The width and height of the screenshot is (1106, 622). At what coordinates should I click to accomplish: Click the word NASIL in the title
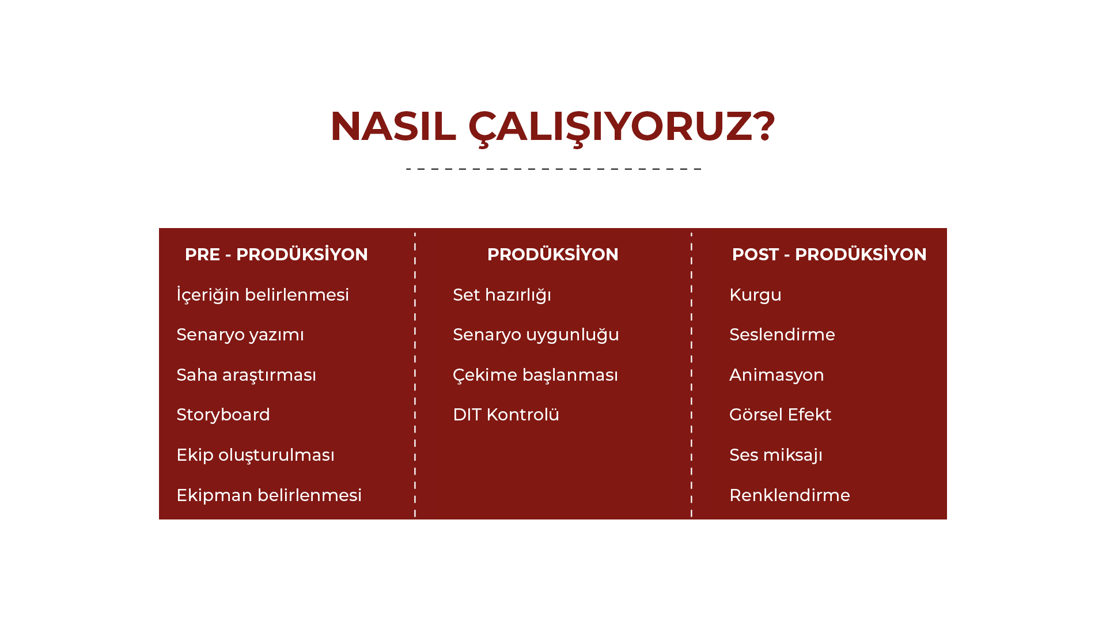(x=393, y=126)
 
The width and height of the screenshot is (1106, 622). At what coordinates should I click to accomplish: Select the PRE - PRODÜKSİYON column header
(x=276, y=254)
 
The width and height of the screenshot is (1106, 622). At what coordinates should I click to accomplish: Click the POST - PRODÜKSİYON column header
(x=829, y=254)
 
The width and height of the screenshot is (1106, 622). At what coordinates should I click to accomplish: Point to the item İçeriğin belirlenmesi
(x=263, y=294)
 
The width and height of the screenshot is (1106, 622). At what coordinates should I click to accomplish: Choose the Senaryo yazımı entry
(x=240, y=335)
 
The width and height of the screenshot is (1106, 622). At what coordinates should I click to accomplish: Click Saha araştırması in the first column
(x=247, y=375)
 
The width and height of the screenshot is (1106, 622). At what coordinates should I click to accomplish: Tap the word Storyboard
(x=223, y=415)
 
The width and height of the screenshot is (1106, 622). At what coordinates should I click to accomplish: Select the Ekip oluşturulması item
(x=255, y=455)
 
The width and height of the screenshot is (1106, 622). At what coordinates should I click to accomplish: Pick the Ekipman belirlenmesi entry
(x=269, y=495)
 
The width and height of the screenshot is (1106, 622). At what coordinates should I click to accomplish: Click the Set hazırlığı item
(x=502, y=295)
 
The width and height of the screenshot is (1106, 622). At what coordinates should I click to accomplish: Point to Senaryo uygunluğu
(x=536, y=335)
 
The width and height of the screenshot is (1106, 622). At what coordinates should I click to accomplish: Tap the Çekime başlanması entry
(x=535, y=375)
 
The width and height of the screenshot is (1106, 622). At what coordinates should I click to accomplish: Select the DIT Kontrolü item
(x=506, y=415)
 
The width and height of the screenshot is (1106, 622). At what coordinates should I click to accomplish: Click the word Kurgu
(x=755, y=295)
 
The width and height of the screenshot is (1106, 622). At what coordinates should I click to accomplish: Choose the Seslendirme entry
(x=782, y=335)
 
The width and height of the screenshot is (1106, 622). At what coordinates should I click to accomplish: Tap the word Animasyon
(x=777, y=375)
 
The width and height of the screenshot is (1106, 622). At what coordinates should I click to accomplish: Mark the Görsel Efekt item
(x=780, y=415)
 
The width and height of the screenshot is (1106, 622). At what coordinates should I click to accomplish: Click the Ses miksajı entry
(x=776, y=455)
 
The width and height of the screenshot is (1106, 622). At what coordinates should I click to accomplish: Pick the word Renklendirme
(x=790, y=495)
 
